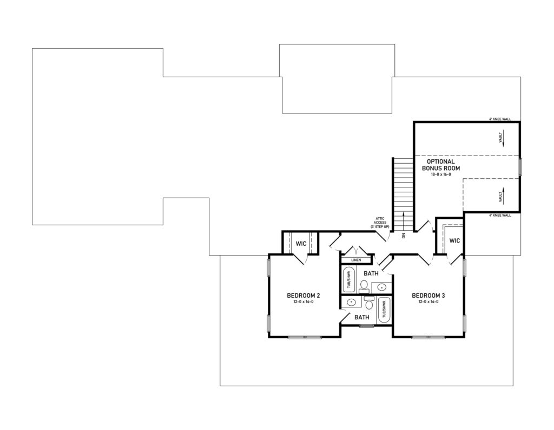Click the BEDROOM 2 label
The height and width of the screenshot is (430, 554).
click(304, 295)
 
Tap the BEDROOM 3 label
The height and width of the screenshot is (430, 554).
click(428, 295)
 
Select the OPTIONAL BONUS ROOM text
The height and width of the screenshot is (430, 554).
click(441, 165)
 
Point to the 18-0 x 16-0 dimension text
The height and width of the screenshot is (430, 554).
click(441, 175)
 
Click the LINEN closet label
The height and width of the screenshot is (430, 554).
click(355, 260)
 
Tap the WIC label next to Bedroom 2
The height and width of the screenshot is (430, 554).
click(301, 244)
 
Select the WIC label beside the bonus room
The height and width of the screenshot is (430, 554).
click(454, 240)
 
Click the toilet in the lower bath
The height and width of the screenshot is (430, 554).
click(370, 305)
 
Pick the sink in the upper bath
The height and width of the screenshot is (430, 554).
click(382, 287)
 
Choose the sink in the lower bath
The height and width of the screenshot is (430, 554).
click(351, 303)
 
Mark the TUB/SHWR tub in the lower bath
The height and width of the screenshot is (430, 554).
click(384, 310)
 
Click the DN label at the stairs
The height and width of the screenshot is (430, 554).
click(404, 236)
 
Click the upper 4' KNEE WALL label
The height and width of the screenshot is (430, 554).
click(500, 119)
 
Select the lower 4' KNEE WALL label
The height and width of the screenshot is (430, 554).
click(500, 215)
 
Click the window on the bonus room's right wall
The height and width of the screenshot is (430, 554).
click(520, 167)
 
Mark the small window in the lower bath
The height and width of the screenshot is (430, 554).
click(367, 326)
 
